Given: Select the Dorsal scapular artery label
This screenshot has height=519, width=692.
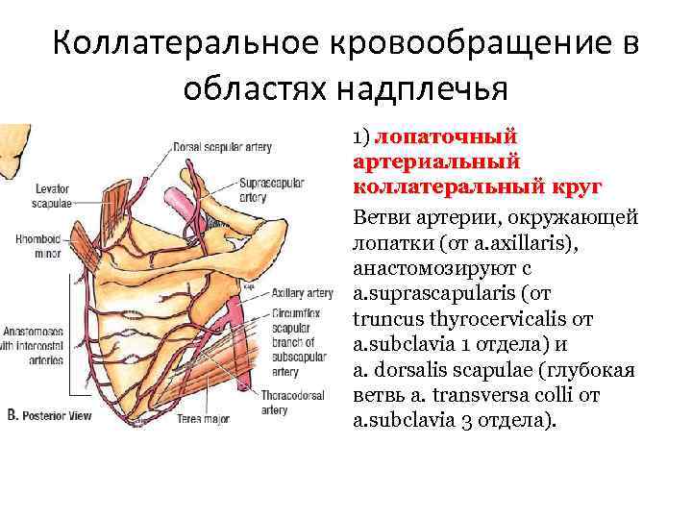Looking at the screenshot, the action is [x=222, y=147].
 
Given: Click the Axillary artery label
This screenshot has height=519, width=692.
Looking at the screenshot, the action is [x=303, y=292].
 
